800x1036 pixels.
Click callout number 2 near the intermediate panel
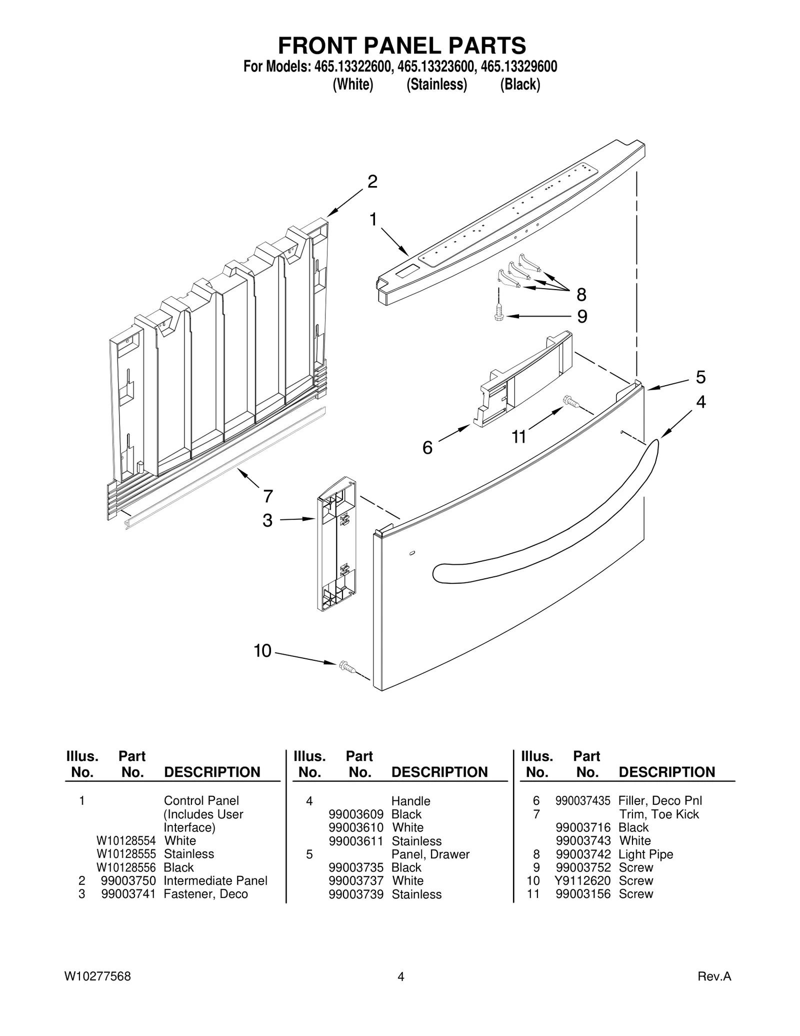(372, 182)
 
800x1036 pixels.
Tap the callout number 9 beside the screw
(582, 317)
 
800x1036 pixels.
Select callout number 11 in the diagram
(518, 437)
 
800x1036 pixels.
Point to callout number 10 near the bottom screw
(262, 651)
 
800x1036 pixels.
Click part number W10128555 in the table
(126, 854)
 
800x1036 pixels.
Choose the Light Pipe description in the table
(645, 854)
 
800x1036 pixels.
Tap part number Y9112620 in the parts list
(582, 881)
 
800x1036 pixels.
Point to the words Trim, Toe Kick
(658, 814)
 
